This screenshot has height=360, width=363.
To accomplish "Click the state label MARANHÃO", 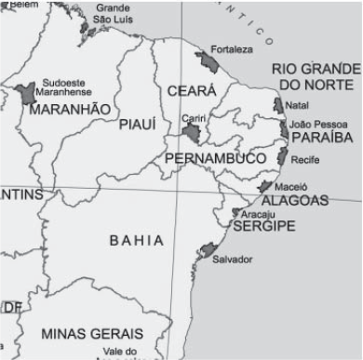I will (x=71, y=110).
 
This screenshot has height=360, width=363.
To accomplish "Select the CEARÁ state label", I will (x=192, y=91).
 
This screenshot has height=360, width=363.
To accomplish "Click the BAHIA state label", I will (x=137, y=240).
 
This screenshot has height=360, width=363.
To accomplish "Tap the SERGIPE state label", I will (x=263, y=226).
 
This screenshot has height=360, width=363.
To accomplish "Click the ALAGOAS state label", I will (x=295, y=200).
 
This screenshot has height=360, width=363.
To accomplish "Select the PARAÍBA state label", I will (x=322, y=137).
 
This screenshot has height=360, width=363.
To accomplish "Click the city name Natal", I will (x=298, y=105).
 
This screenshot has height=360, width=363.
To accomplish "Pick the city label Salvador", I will (x=233, y=259).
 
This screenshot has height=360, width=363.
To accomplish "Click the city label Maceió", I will (x=292, y=186).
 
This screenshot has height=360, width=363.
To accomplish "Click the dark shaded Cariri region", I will (x=192, y=135).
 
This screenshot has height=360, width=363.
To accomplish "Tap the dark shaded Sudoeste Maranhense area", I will (x=25, y=93).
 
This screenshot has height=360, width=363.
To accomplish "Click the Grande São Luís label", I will (x=113, y=14).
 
